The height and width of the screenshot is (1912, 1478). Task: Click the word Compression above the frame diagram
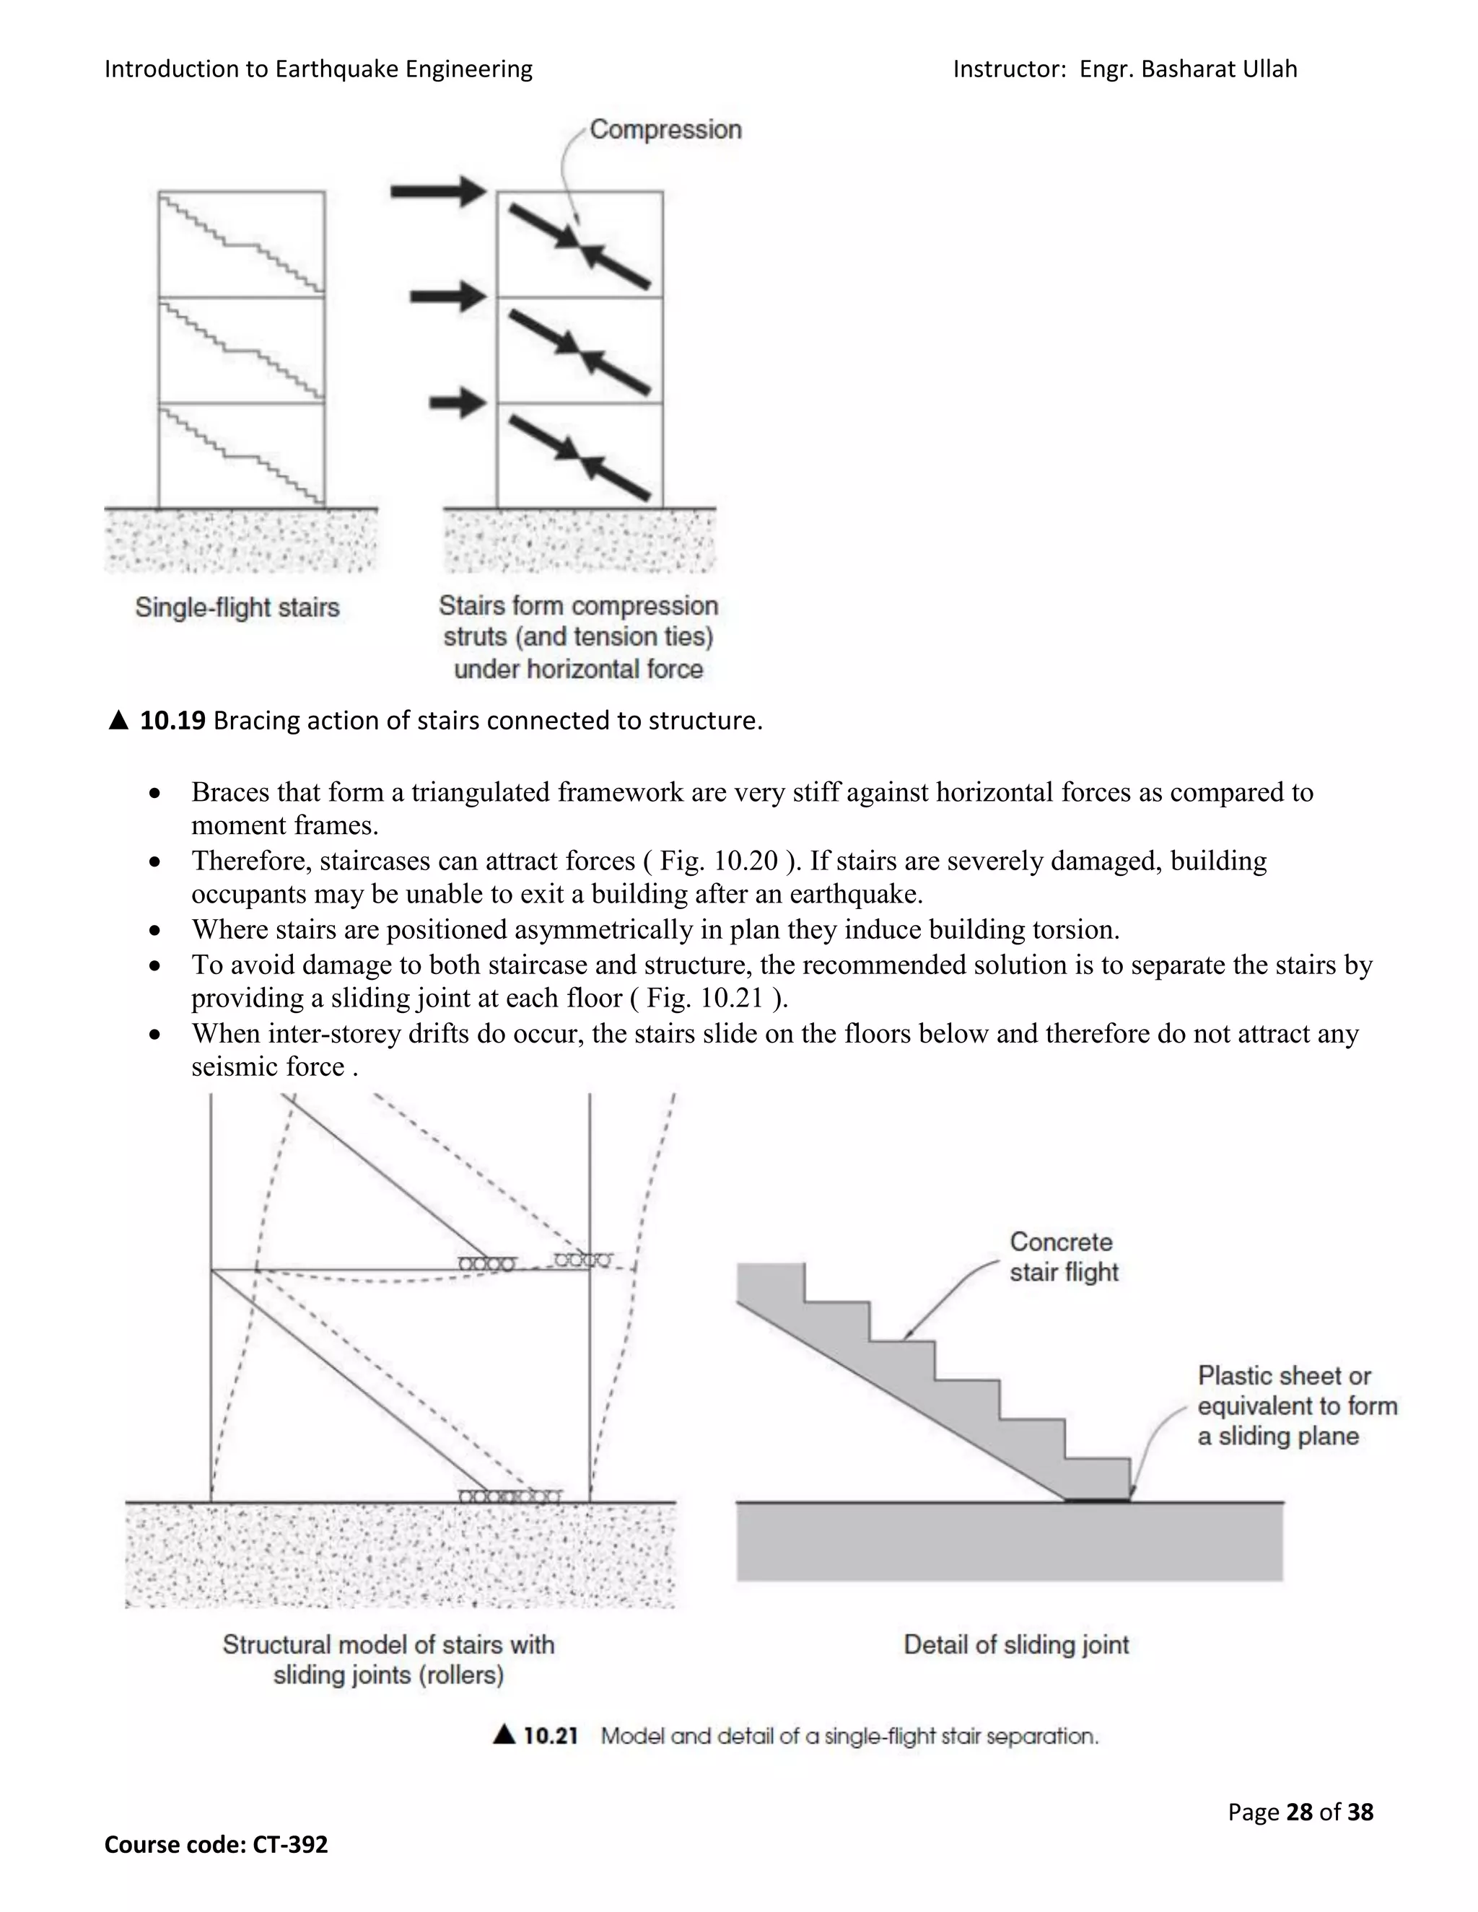pyautogui.click(x=665, y=130)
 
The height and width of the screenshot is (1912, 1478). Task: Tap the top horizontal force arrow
pyautogui.click(x=438, y=191)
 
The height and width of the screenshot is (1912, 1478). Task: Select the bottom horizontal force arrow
pyautogui.click(x=457, y=403)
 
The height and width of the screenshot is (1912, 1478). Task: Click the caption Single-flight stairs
pyautogui.click(x=237, y=608)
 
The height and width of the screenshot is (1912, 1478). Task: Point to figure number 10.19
pyautogui.click(x=172, y=721)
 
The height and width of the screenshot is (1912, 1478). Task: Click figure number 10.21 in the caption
pyautogui.click(x=550, y=1736)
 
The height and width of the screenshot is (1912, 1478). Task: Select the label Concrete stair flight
pyautogui.click(x=1062, y=1256)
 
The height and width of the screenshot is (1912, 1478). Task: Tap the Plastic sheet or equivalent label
pyautogui.click(x=1296, y=1405)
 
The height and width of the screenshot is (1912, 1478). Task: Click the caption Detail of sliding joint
pyautogui.click(x=1015, y=1645)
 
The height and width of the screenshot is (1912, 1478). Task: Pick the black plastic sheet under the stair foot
pyautogui.click(x=1097, y=1500)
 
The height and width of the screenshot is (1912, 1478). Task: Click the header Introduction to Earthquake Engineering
pyautogui.click(x=318, y=69)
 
